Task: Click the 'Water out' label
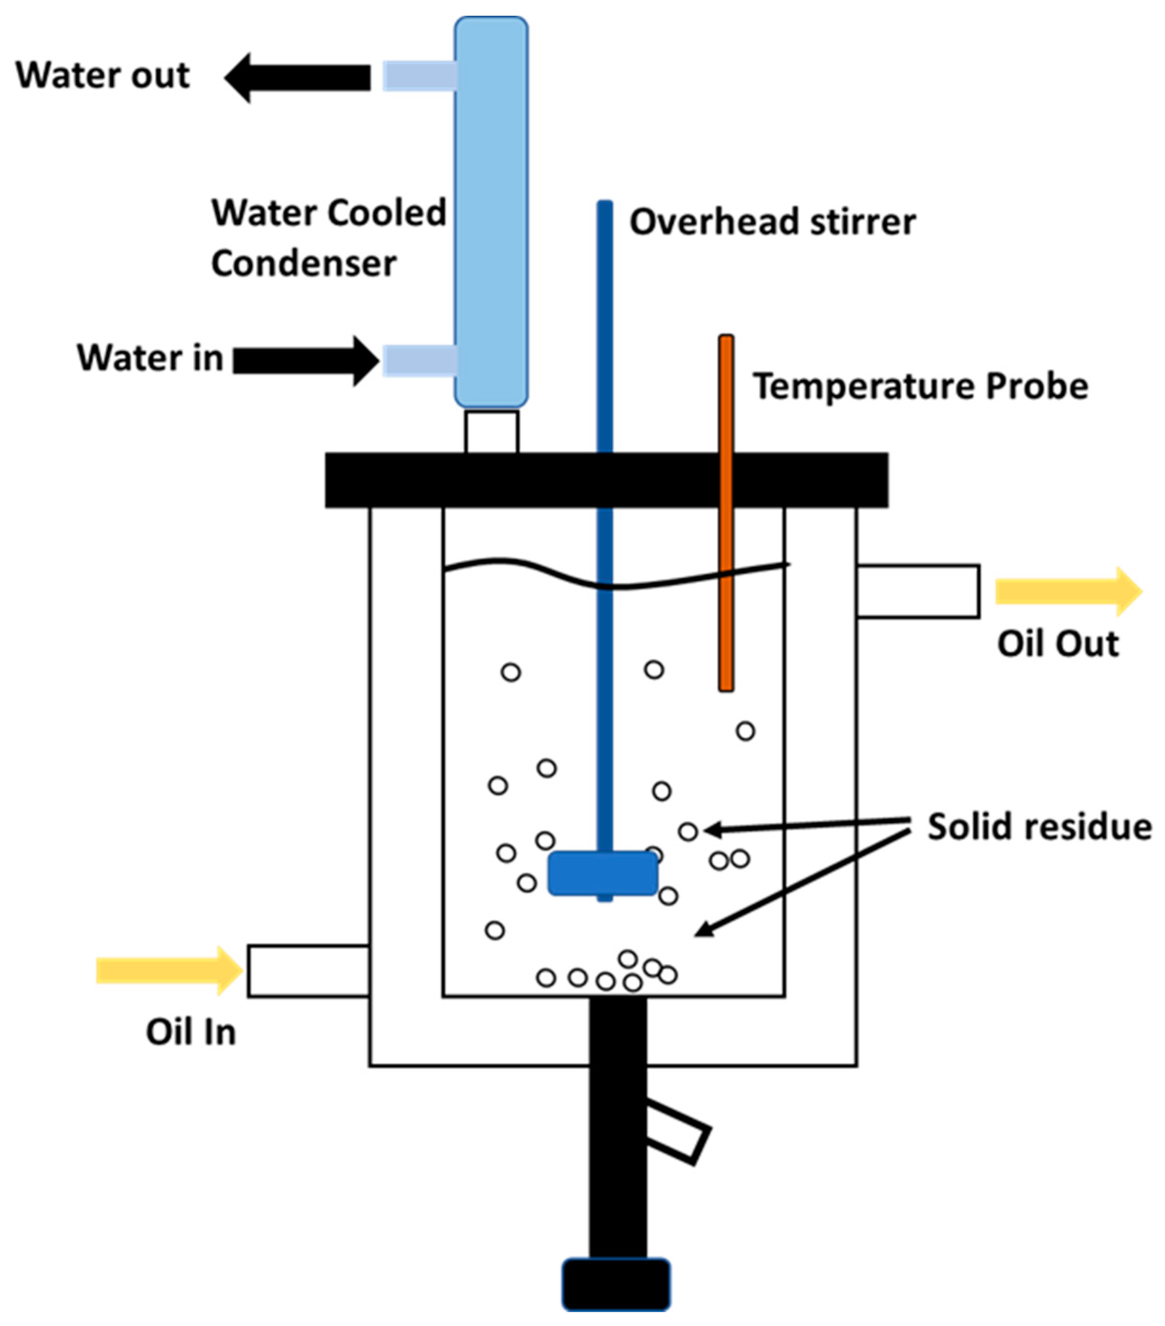click(102, 75)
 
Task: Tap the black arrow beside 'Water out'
click(298, 78)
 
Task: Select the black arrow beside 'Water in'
click(305, 361)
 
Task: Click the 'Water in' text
click(150, 358)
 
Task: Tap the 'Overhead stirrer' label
click(772, 222)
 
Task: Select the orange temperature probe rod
click(726, 513)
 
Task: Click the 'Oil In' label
click(191, 1032)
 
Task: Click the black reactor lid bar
click(606, 480)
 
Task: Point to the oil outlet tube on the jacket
click(917, 591)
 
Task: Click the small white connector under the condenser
click(491, 431)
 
